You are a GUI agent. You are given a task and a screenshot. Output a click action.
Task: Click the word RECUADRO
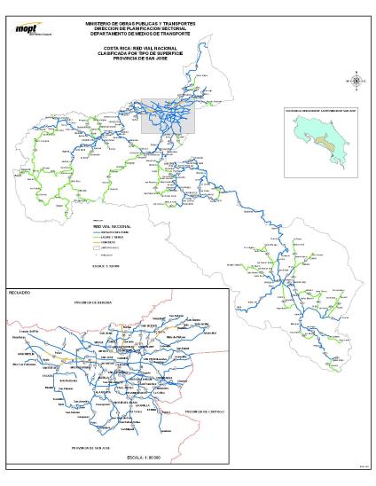20,292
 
